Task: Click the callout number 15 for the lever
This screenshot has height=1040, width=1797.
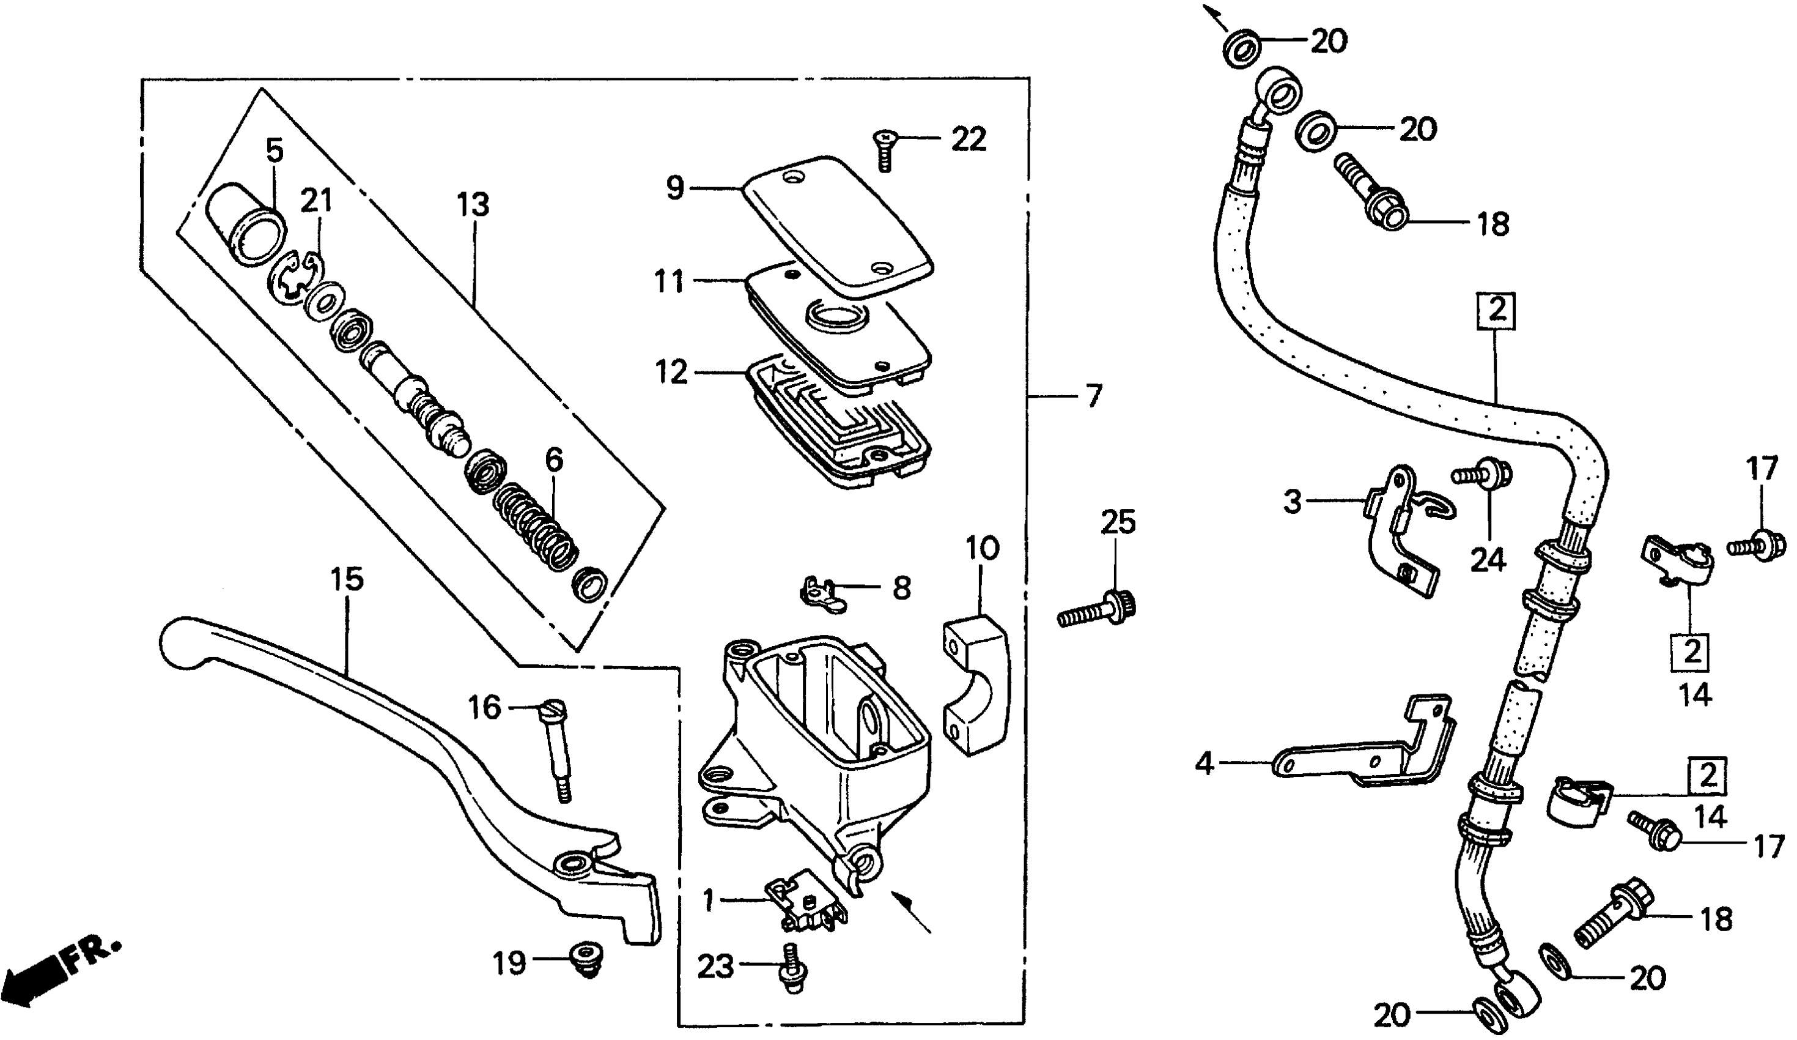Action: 347,579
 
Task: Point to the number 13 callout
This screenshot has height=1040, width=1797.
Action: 473,206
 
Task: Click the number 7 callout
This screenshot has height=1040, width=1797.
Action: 1093,395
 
